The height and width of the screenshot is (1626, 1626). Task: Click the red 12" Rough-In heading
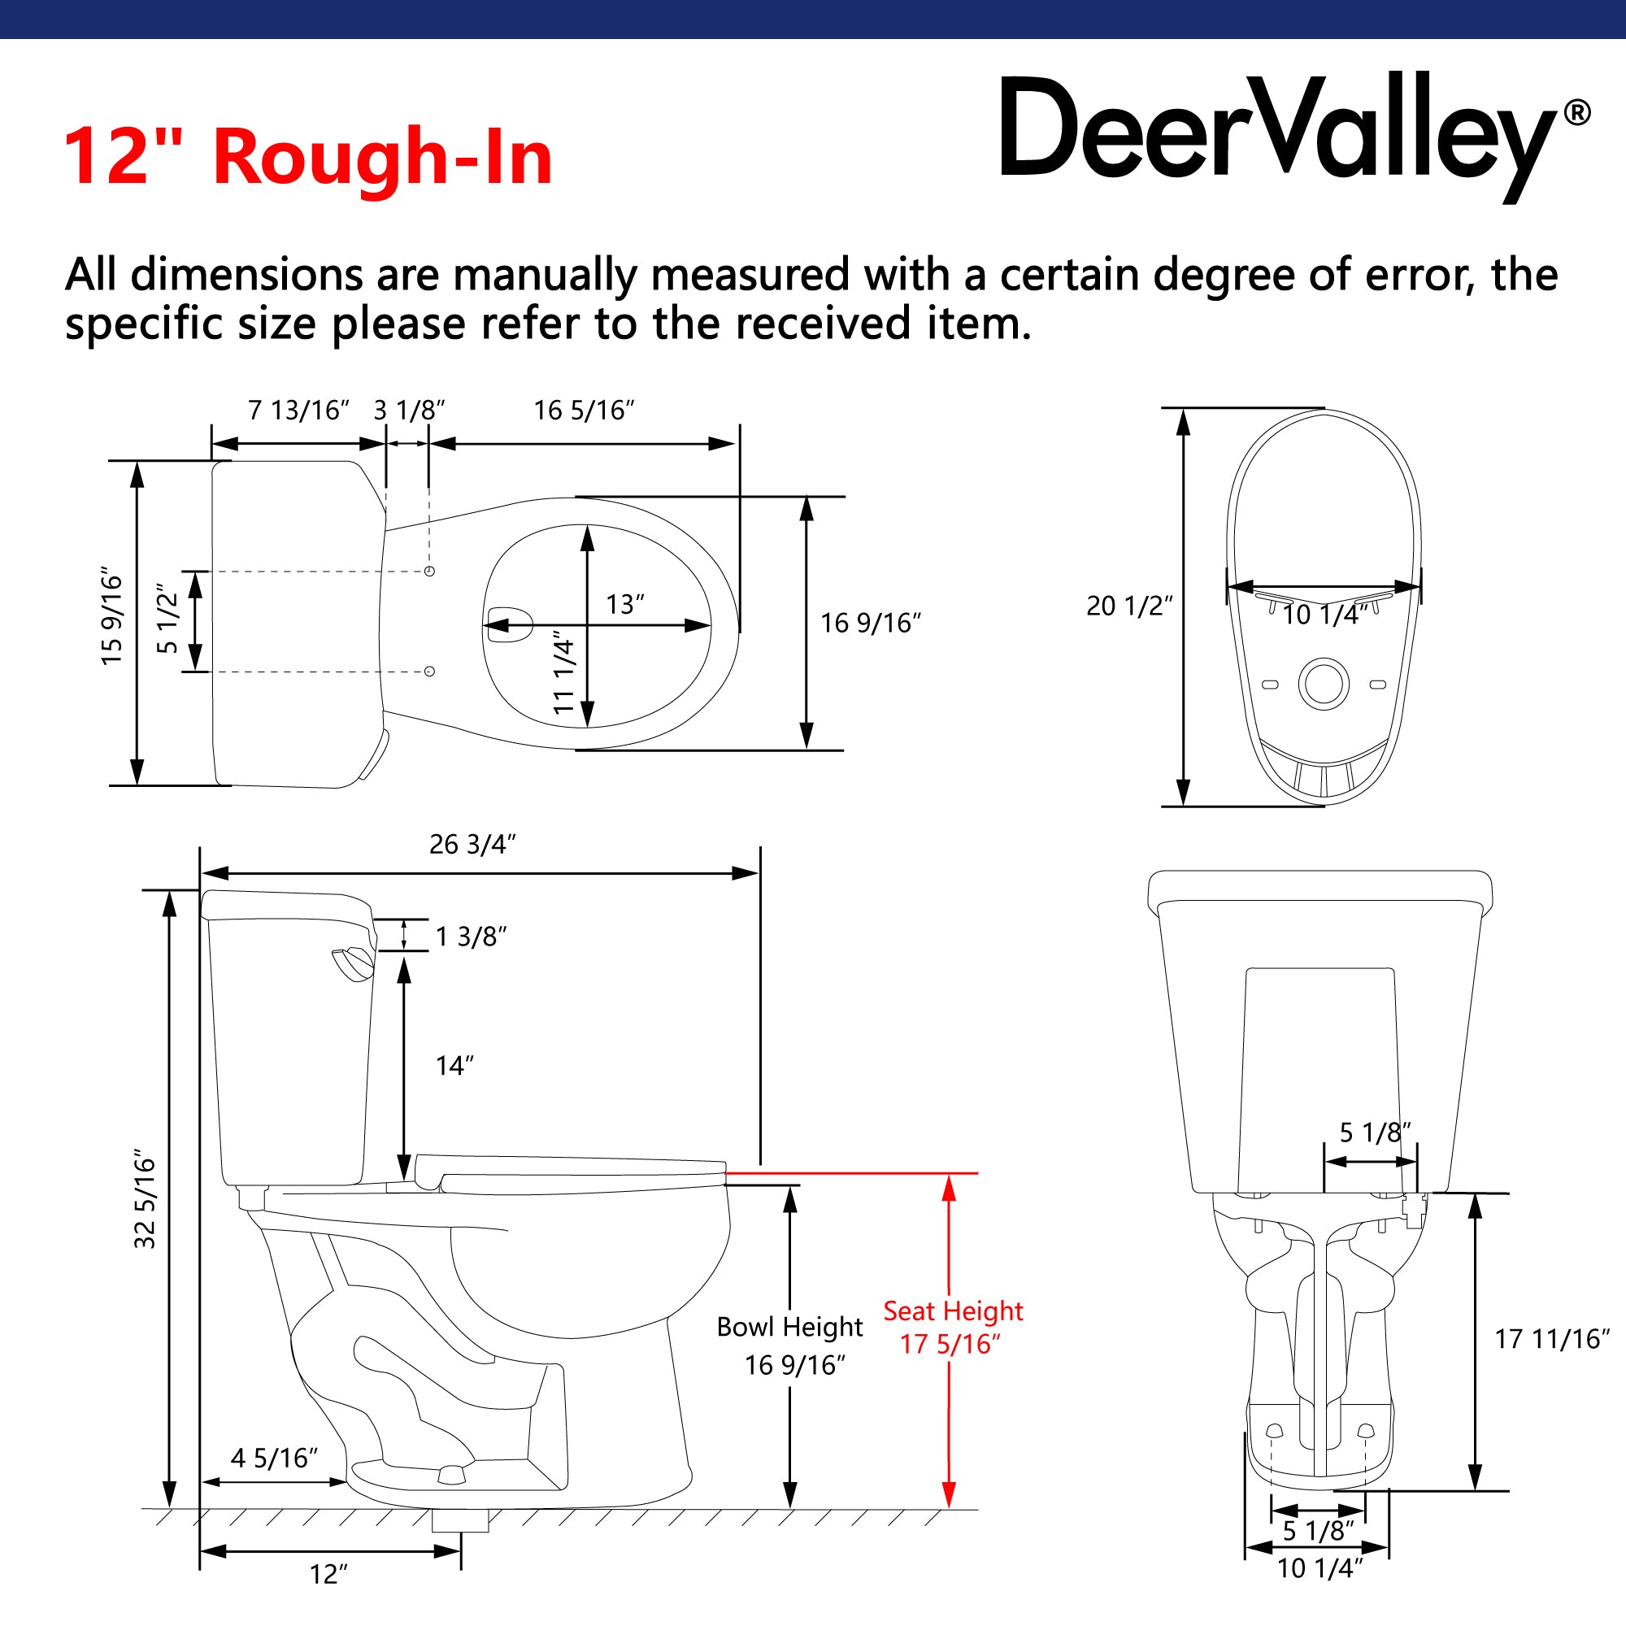[307, 157]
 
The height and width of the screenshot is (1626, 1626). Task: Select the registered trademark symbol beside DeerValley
[1576, 113]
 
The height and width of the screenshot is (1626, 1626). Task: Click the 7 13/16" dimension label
[298, 411]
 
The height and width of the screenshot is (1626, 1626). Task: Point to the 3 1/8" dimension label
[409, 411]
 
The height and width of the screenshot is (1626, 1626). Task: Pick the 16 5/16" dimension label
[583, 411]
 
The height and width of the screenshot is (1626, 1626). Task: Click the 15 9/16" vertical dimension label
[112, 620]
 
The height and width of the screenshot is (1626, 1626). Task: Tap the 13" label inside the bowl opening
[624, 604]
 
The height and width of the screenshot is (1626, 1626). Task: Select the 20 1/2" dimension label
[1128, 606]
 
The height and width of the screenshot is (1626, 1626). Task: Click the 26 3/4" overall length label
[472, 844]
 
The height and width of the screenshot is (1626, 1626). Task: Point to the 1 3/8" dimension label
[471, 937]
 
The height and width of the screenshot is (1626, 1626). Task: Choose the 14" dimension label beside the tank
[454, 1067]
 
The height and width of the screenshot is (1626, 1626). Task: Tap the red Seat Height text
[953, 1311]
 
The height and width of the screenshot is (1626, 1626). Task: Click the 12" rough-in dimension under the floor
[328, 1574]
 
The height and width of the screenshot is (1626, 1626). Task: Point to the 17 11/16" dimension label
[1551, 1339]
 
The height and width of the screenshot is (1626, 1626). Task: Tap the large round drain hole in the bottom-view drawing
[1324, 684]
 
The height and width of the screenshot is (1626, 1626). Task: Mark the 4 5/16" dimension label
[274, 1458]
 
